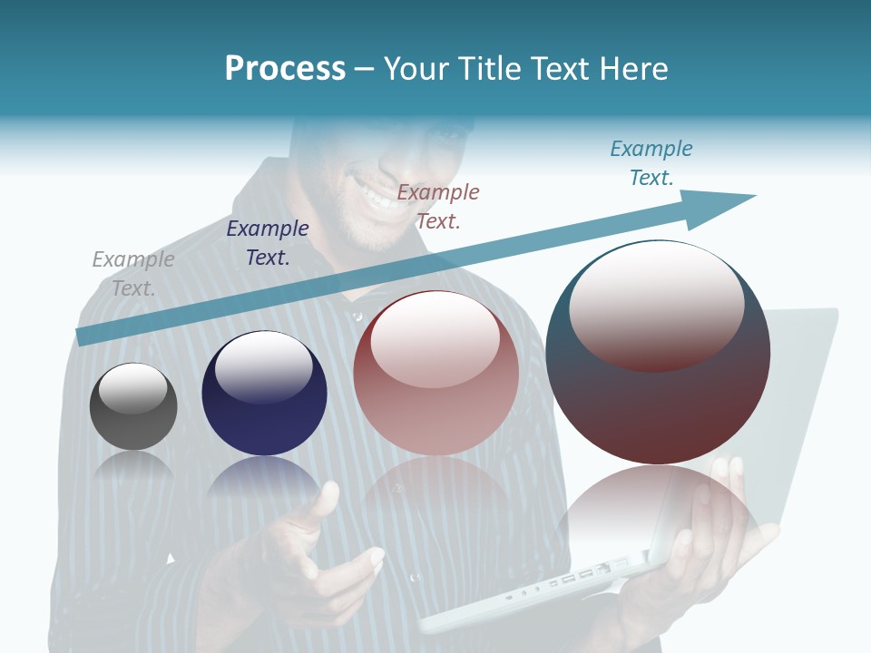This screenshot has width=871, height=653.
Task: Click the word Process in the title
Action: point(285,69)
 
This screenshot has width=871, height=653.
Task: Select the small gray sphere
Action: point(133,407)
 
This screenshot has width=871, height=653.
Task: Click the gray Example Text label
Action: point(132,273)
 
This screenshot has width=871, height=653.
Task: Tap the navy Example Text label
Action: point(267,243)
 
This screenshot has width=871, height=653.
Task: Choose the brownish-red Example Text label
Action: point(438,206)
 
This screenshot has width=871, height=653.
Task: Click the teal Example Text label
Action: point(651,162)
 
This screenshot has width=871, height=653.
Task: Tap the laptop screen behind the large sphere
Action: point(803,381)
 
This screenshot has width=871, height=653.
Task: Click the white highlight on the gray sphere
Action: point(132,388)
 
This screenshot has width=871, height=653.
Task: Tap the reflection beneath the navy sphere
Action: point(264,476)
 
